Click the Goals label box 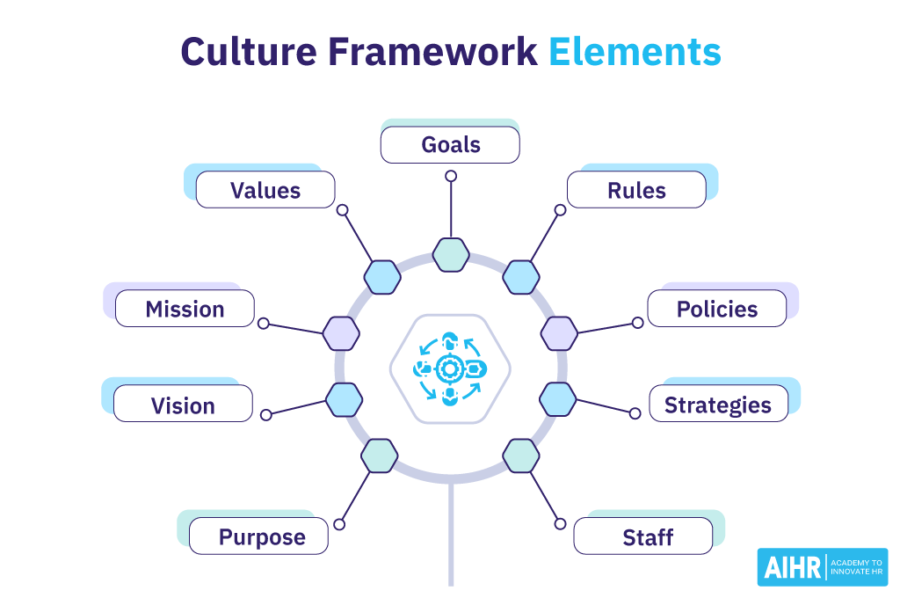(x=450, y=145)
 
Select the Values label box (x=265, y=190)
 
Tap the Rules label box (x=636, y=190)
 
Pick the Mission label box (x=185, y=310)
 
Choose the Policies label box (x=717, y=309)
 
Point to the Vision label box (x=183, y=405)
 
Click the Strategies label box (x=718, y=405)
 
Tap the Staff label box (x=643, y=536)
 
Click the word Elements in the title (x=635, y=53)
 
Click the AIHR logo (x=822, y=567)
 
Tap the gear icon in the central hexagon (x=449, y=368)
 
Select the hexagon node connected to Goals (x=451, y=254)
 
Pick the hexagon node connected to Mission (x=341, y=333)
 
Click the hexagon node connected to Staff (x=521, y=456)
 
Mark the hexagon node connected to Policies (x=559, y=333)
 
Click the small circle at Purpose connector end (x=340, y=524)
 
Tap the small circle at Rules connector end (x=560, y=210)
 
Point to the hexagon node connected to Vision (x=344, y=399)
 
